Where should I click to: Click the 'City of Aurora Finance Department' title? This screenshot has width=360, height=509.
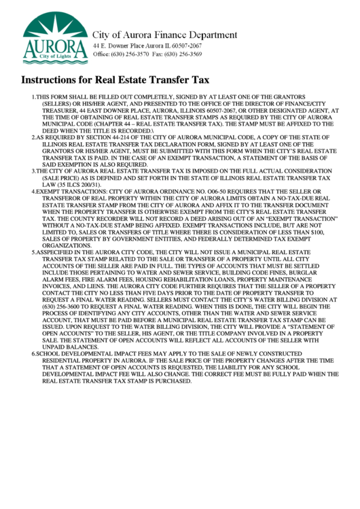point(164,35)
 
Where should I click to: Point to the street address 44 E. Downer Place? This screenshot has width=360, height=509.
point(115,45)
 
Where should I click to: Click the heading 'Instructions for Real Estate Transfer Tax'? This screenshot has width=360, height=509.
point(115,80)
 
